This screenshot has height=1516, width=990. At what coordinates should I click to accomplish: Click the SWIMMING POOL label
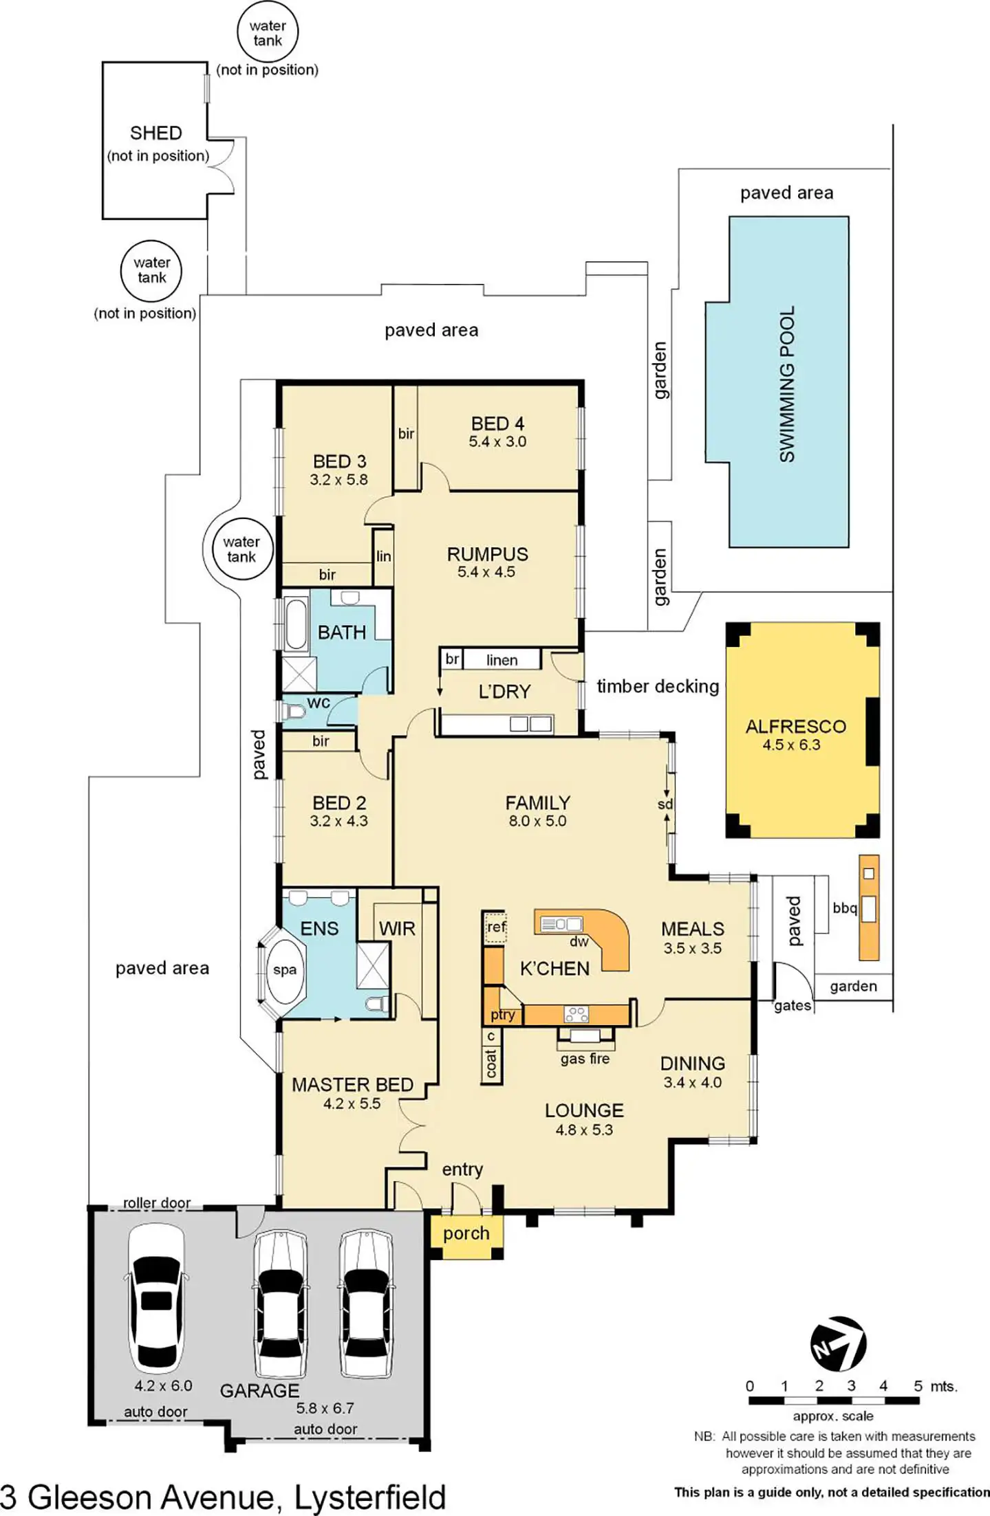coord(787,384)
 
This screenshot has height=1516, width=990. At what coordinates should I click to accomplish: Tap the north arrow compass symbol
coord(838,1343)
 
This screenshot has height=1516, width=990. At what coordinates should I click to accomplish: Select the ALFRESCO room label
coord(795,726)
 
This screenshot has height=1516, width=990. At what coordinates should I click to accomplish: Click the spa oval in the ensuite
coord(285,969)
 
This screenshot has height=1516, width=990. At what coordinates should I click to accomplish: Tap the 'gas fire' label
coord(585,1059)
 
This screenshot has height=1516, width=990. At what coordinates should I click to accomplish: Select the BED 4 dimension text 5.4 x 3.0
coord(497,441)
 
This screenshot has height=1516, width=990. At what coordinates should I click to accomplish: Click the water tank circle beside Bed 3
coord(241,549)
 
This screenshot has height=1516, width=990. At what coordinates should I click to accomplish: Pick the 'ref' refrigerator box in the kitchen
coord(496,927)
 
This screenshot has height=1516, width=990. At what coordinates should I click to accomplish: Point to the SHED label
coord(156,133)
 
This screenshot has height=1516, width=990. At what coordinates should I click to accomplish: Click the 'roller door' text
coord(157,1202)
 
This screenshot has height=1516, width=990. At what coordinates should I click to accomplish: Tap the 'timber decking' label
coord(658,686)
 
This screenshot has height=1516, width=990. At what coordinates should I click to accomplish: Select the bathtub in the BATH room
coord(296,624)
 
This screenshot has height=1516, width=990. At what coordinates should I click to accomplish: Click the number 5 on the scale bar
coord(918,1386)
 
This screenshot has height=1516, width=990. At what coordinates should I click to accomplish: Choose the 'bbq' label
coord(844,908)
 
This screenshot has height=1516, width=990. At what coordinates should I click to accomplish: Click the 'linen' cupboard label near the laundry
coord(502,660)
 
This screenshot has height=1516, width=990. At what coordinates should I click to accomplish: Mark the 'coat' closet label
coord(491,1063)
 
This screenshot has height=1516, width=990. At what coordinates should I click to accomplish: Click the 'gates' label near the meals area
coord(793,1006)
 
